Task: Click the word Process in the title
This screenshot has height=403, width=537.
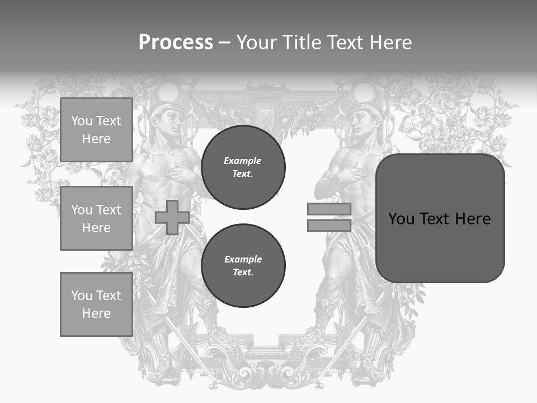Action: pos(176,43)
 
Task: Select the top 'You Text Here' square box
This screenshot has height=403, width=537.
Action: pos(96,130)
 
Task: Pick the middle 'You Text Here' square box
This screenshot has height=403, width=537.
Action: pos(96,218)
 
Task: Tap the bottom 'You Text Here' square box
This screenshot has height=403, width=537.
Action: pos(96,304)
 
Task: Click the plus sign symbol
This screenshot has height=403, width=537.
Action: pos(172,217)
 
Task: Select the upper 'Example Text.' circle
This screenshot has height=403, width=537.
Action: pos(243,167)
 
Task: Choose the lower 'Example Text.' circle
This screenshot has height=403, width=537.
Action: pos(243,265)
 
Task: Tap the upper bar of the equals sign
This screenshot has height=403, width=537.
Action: pos(329,209)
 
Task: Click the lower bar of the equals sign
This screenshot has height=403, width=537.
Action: pos(329,225)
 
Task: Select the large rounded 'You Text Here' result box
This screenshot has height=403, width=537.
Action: pos(440,218)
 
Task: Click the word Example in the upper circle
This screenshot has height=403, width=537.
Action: pos(243,161)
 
